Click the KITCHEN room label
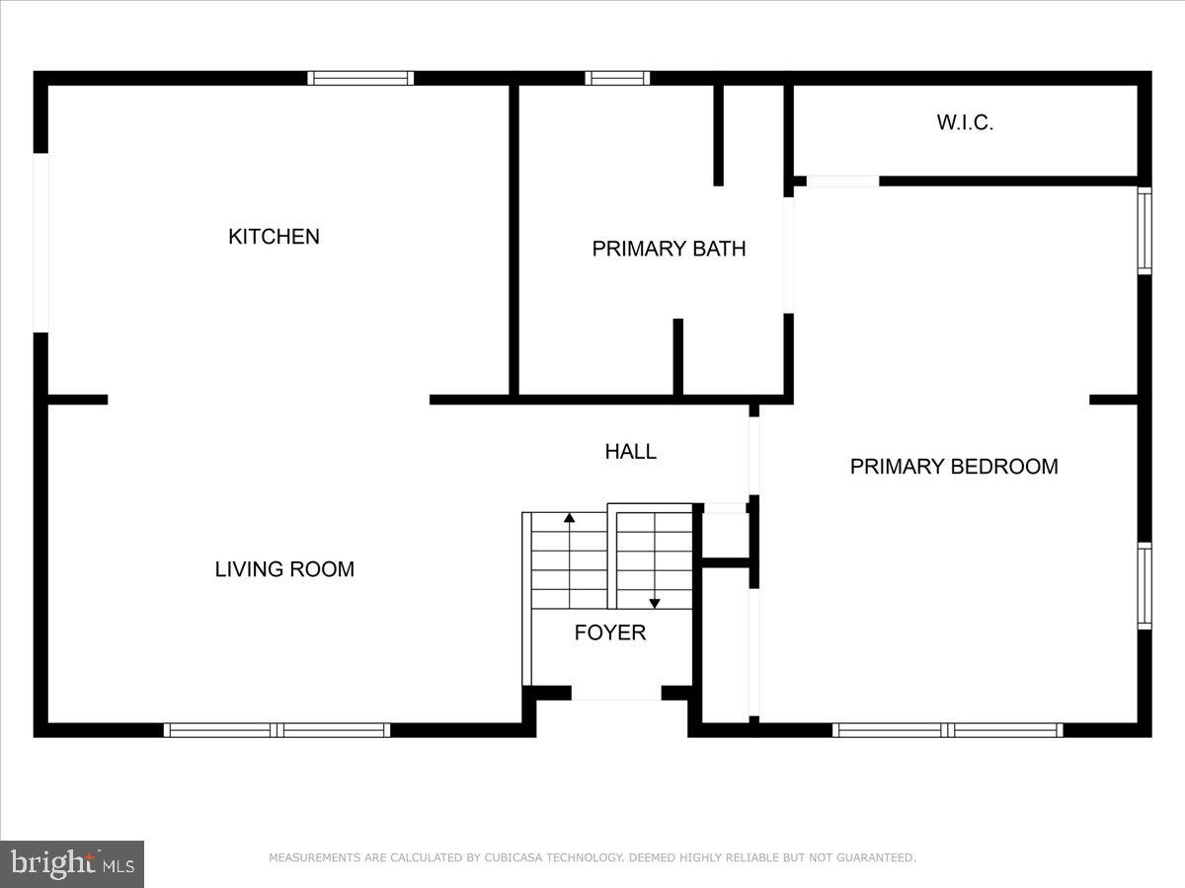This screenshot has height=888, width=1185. click(x=274, y=237)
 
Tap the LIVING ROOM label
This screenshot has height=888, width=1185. click(x=284, y=569)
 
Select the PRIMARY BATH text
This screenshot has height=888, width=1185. click(x=669, y=249)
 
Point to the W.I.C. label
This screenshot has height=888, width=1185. click(x=964, y=123)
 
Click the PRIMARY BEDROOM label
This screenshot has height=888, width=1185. click(x=954, y=467)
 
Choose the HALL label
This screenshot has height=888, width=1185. click(x=630, y=452)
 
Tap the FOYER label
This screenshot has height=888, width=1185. click(x=610, y=633)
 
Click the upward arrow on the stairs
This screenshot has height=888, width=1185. click(x=569, y=517)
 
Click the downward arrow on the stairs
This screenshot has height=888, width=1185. click(x=654, y=602)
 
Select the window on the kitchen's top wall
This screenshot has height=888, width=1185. click(x=359, y=78)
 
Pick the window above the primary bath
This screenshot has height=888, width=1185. click(x=617, y=78)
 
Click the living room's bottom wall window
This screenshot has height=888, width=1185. click(x=276, y=730)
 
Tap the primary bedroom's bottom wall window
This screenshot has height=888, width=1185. click(x=947, y=730)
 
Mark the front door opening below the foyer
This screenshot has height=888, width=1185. click(x=616, y=696)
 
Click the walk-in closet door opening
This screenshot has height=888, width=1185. click(x=841, y=181)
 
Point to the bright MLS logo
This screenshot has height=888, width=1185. click(x=72, y=864)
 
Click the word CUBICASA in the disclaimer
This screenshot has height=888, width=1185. click(x=517, y=858)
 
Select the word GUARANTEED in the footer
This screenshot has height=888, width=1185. click(x=876, y=858)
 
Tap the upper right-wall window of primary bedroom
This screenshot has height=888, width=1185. click(x=1145, y=230)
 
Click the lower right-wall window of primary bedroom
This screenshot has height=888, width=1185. click(x=1145, y=585)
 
